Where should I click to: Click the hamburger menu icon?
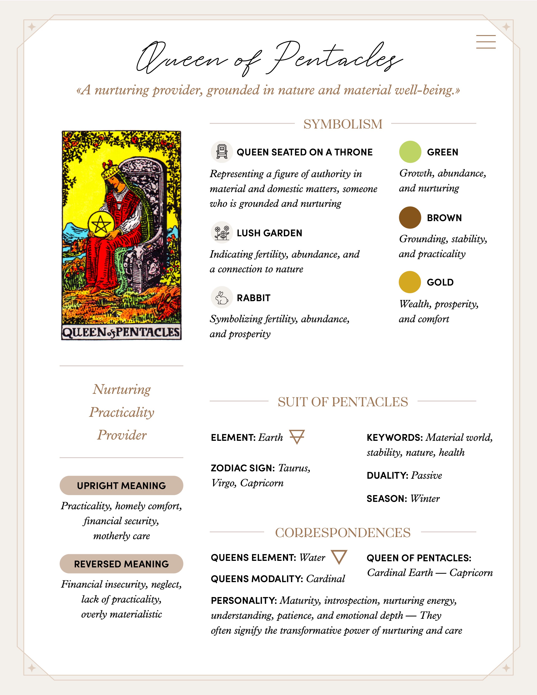486,42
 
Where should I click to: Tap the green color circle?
410,152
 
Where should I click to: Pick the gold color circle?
410,282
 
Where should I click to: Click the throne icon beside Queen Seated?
222,152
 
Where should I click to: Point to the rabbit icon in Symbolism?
222,298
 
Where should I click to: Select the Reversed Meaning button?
121,564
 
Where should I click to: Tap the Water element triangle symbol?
339,557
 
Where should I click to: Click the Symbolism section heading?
343,124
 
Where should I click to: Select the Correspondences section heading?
343,532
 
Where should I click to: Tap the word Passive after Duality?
426,475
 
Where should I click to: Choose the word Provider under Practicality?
122,435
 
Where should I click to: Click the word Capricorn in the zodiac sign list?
262,483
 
